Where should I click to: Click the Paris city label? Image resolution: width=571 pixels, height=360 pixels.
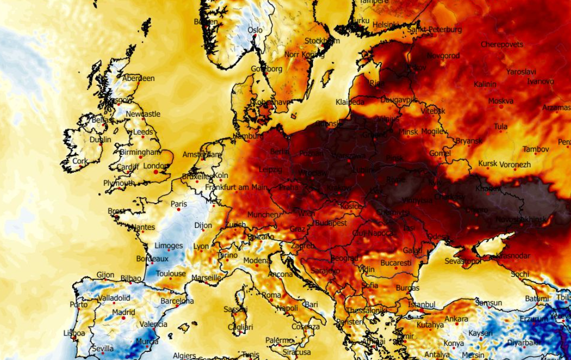point(179,204)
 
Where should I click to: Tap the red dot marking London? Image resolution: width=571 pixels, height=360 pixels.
point(156,172)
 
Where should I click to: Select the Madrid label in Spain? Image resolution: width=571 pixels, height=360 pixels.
point(123,312)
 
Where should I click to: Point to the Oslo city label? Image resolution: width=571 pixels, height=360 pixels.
point(255,30)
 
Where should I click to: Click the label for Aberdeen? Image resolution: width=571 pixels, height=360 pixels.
point(139,78)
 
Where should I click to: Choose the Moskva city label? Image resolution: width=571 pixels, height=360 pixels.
point(500,101)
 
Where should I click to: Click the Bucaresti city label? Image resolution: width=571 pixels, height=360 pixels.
point(396,263)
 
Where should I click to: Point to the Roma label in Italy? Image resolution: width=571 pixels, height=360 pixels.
point(271,295)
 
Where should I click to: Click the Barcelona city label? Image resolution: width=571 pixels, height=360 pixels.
point(177,301)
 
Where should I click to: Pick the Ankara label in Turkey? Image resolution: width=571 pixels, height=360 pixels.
point(456,319)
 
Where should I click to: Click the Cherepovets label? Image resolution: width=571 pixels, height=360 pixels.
point(502,45)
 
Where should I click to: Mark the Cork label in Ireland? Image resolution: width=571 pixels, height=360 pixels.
point(80,161)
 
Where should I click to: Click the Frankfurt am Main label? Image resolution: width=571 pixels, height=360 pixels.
point(236,187)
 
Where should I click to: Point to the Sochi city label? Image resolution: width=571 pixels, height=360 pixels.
point(519,274)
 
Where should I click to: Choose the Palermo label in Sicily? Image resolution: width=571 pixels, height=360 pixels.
point(279,340)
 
